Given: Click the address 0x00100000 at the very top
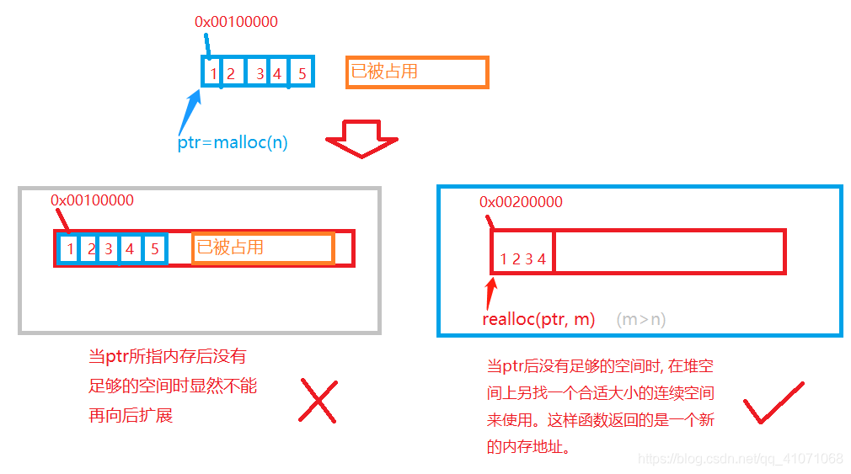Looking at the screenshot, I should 236,21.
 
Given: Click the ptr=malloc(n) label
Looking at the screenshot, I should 233,142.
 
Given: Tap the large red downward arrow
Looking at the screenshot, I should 361,138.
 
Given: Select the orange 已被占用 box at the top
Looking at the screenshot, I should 417,72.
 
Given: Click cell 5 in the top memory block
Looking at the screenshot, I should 302,74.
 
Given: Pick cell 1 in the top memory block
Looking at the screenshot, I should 213,74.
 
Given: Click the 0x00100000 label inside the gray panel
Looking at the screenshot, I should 92,200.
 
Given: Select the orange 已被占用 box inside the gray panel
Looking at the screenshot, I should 263,248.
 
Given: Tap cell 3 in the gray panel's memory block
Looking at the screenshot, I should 108,249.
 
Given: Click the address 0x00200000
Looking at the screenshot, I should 521,202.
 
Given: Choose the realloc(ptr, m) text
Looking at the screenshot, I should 538,319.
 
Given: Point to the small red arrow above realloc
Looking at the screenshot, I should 491,293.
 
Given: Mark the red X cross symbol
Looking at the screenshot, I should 318,401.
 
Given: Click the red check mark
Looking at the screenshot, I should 772,403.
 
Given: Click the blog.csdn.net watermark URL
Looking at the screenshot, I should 741,459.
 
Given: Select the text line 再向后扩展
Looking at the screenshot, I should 131,415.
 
